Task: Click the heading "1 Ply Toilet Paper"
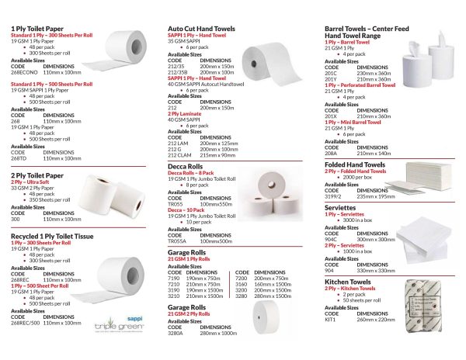coord(37,29)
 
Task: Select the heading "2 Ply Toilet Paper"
coord(37,176)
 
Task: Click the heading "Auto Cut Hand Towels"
coord(201,29)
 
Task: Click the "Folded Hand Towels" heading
coord(354,164)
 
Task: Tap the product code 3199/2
coord(334,197)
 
